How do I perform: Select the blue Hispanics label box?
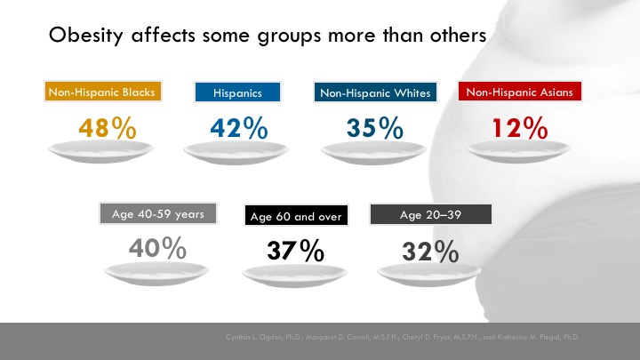click(x=238, y=92)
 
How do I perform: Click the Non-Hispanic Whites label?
click(x=374, y=92)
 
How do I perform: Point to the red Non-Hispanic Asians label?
click(x=520, y=92)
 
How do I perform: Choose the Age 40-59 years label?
click(x=158, y=213)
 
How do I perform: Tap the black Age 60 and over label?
click(x=295, y=216)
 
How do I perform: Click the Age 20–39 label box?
click(x=430, y=214)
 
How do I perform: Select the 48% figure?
click(x=107, y=128)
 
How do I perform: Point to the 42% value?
click(x=238, y=128)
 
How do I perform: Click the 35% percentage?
click(x=374, y=128)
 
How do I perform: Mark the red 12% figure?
click(x=519, y=128)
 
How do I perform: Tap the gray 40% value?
click(x=157, y=249)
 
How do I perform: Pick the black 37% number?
click(x=295, y=252)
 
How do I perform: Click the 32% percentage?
click(x=430, y=252)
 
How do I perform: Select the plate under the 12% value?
click(x=519, y=152)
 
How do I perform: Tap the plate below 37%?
click(x=294, y=275)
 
